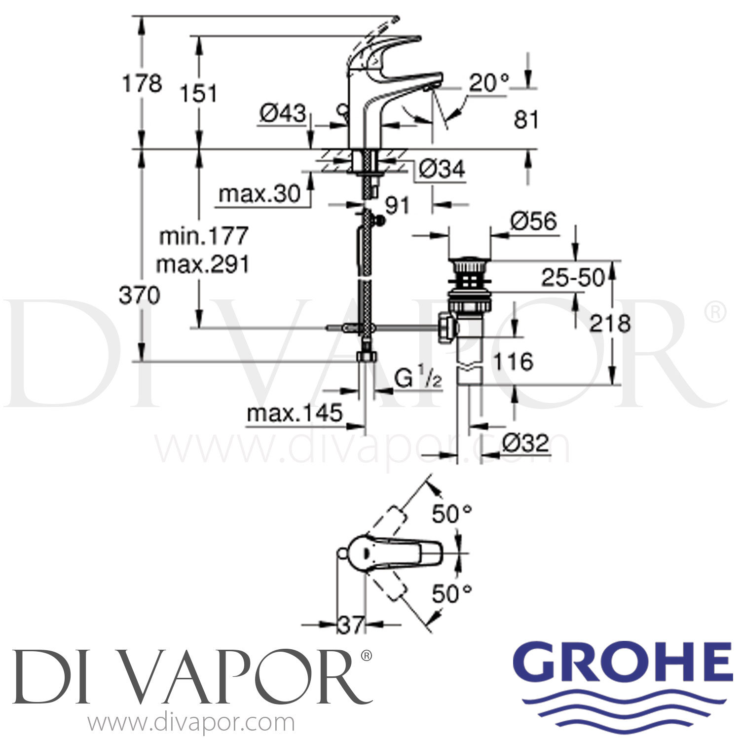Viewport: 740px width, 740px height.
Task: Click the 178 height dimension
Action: click(142, 83)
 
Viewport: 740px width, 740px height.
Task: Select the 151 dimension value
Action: click(198, 93)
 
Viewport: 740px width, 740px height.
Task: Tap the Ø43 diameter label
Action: click(283, 113)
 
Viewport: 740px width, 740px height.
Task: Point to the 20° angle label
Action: click(488, 83)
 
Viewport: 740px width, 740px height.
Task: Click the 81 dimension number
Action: click(526, 120)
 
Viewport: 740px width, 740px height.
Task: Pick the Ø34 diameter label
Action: click(442, 169)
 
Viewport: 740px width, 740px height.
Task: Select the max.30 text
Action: click(259, 193)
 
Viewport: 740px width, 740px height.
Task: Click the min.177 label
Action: click(203, 236)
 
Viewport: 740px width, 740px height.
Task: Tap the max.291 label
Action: click(203, 265)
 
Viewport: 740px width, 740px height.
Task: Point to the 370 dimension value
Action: click(140, 296)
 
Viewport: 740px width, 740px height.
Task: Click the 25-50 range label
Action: click(573, 278)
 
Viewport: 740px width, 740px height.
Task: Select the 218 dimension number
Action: click(610, 324)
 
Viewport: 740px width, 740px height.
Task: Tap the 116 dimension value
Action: click(513, 362)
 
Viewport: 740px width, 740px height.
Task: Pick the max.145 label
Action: click(295, 413)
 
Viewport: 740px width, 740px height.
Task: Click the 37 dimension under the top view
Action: click(351, 626)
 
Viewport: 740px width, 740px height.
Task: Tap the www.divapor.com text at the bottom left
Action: click(191, 723)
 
